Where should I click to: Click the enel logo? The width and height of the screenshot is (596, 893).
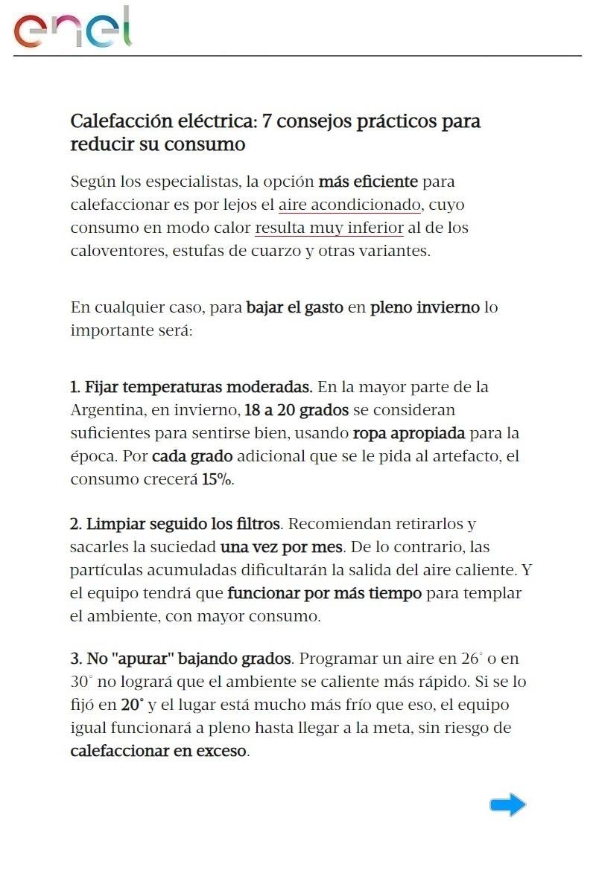point(73,28)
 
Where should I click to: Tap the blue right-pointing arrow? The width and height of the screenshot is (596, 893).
point(508,804)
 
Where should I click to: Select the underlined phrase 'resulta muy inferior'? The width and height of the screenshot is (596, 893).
point(329,228)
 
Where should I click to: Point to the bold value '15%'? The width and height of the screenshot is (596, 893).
point(217,479)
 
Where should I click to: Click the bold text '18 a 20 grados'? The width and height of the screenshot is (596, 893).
point(297,410)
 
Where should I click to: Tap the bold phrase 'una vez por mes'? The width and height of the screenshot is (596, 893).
point(282,547)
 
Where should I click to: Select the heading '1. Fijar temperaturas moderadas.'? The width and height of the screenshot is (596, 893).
point(191,387)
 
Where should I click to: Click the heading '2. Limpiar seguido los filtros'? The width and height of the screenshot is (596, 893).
point(176,524)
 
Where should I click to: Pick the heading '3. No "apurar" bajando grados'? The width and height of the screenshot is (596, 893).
point(181,659)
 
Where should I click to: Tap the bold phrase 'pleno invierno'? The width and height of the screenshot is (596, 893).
point(425,307)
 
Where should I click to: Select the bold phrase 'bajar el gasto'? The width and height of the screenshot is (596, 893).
point(295,307)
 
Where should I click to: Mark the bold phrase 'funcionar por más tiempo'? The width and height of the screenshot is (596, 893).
point(324,593)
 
